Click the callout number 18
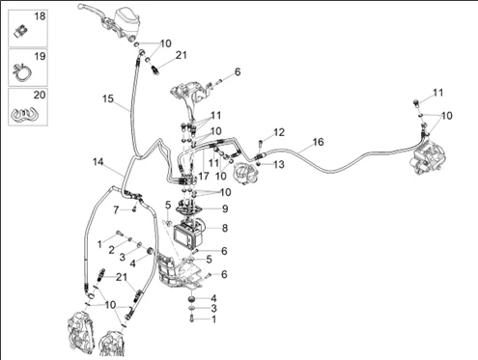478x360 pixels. click(x=40, y=16)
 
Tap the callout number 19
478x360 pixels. click(x=40, y=56)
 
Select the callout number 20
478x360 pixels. click(x=40, y=96)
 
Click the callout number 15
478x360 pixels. click(x=108, y=98)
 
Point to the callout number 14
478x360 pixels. click(x=98, y=161)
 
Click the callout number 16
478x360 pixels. click(x=318, y=142)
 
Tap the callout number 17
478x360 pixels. click(x=204, y=176)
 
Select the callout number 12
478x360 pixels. click(x=279, y=132)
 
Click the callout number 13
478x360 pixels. click(x=279, y=165)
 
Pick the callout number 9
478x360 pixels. click(x=225, y=208)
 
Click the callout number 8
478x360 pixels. click(x=225, y=228)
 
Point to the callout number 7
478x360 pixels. click(x=116, y=210)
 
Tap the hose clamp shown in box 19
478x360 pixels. click(x=22, y=73)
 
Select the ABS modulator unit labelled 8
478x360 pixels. click(x=188, y=233)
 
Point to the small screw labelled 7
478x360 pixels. click(x=134, y=209)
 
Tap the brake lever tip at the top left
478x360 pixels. click(x=80, y=6)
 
